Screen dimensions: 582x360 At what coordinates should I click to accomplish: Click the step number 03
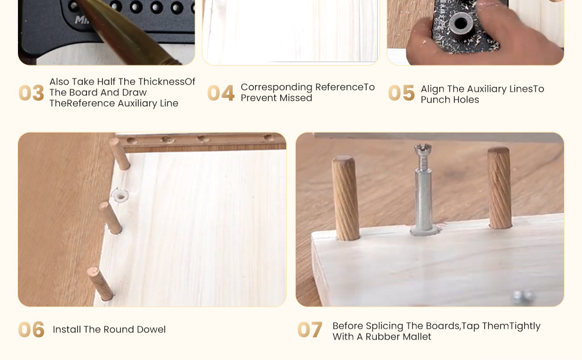(x=32, y=93)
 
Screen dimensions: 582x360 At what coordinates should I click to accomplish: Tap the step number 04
(x=221, y=93)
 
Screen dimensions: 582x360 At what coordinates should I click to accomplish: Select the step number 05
(x=401, y=93)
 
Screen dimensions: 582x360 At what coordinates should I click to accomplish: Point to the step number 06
(x=32, y=329)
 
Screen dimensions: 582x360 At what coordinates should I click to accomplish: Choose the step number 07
(x=310, y=329)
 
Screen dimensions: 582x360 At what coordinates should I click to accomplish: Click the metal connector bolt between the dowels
(x=424, y=189)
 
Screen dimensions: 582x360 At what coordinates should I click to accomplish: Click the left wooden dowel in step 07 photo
(x=345, y=198)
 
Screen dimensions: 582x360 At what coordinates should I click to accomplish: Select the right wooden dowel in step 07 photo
(x=500, y=188)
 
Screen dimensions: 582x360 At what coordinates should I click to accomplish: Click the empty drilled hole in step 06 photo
(x=120, y=195)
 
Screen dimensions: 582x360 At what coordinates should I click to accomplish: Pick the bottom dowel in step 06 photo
(x=100, y=284)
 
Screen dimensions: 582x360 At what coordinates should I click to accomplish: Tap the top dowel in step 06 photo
(x=120, y=154)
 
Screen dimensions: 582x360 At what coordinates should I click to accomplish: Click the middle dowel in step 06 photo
(x=110, y=218)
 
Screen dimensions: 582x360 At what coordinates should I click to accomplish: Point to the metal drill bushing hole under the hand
(x=461, y=23)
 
